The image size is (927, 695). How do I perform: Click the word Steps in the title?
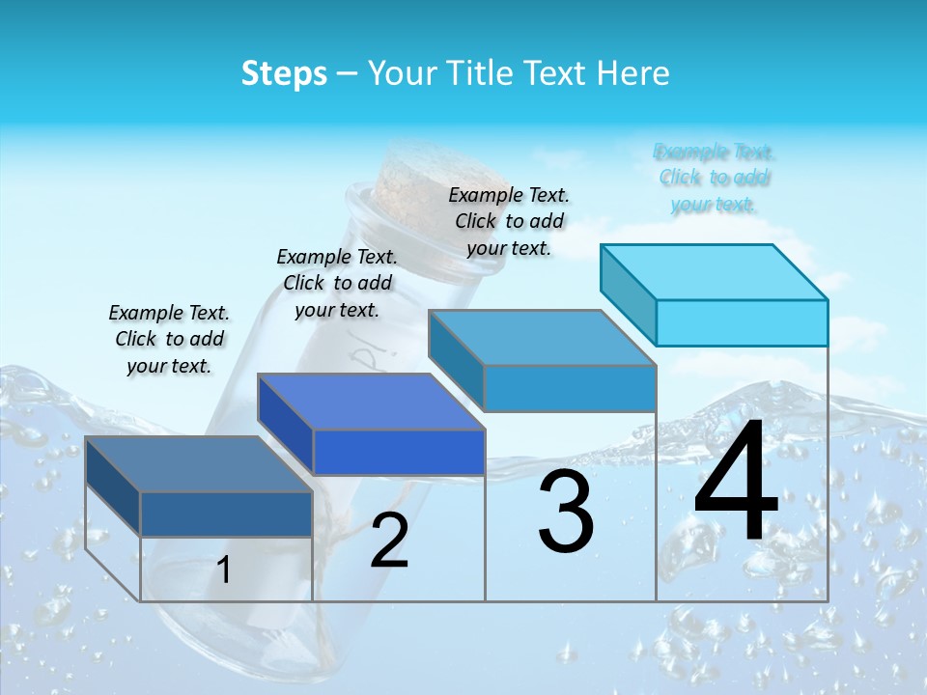[284, 73]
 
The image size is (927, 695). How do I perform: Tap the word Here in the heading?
[632, 73]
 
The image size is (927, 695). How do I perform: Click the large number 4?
[736, 483]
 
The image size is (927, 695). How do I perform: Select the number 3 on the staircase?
[566, 512]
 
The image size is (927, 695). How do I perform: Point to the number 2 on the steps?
[389, 541]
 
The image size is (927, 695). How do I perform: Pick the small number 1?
[224, 570]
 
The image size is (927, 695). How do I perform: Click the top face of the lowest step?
[199, 464]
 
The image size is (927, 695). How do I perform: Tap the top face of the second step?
[371, 402]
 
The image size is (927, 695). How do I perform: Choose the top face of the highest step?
[715, 272]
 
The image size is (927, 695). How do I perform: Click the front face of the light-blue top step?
[742, 322]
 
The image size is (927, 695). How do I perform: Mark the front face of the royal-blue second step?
[399, 452]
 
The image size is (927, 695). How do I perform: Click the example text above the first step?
[169, 340]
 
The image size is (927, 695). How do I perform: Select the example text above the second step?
[337, 284]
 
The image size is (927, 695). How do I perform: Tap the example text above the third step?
[509, 221]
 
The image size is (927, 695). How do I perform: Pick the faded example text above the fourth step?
[715, 178]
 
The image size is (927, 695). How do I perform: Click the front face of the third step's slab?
[570, 388]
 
